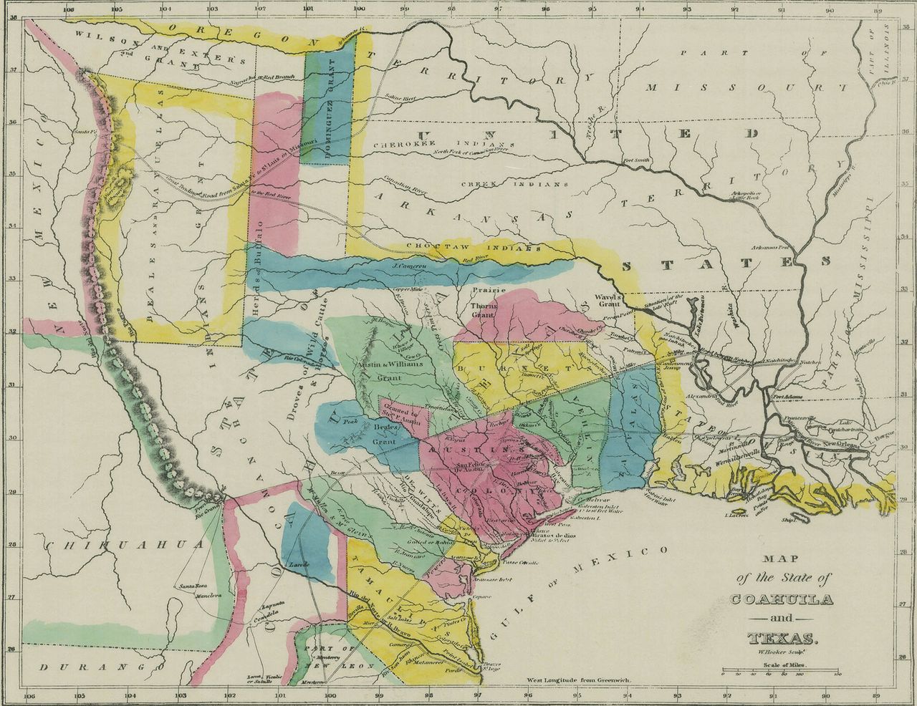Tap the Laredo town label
(x=297, y=565)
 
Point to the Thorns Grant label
(x=483, y=309)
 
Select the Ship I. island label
(x=789, y=522)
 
